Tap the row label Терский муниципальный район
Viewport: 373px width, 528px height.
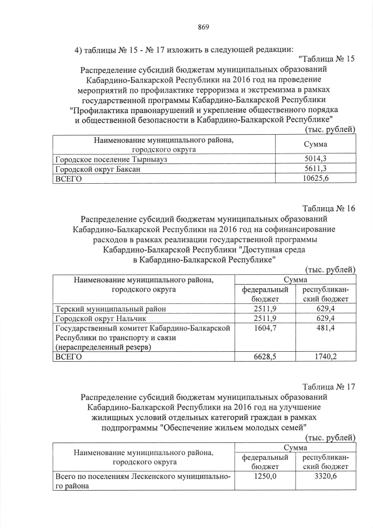click(111, 309)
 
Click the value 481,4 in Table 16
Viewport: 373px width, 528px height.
click(325, 328)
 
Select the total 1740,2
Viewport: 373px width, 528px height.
click(325, 356)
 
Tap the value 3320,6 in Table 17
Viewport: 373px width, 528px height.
click(325, 477)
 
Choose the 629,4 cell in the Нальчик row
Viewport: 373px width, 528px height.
click(325, 319)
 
